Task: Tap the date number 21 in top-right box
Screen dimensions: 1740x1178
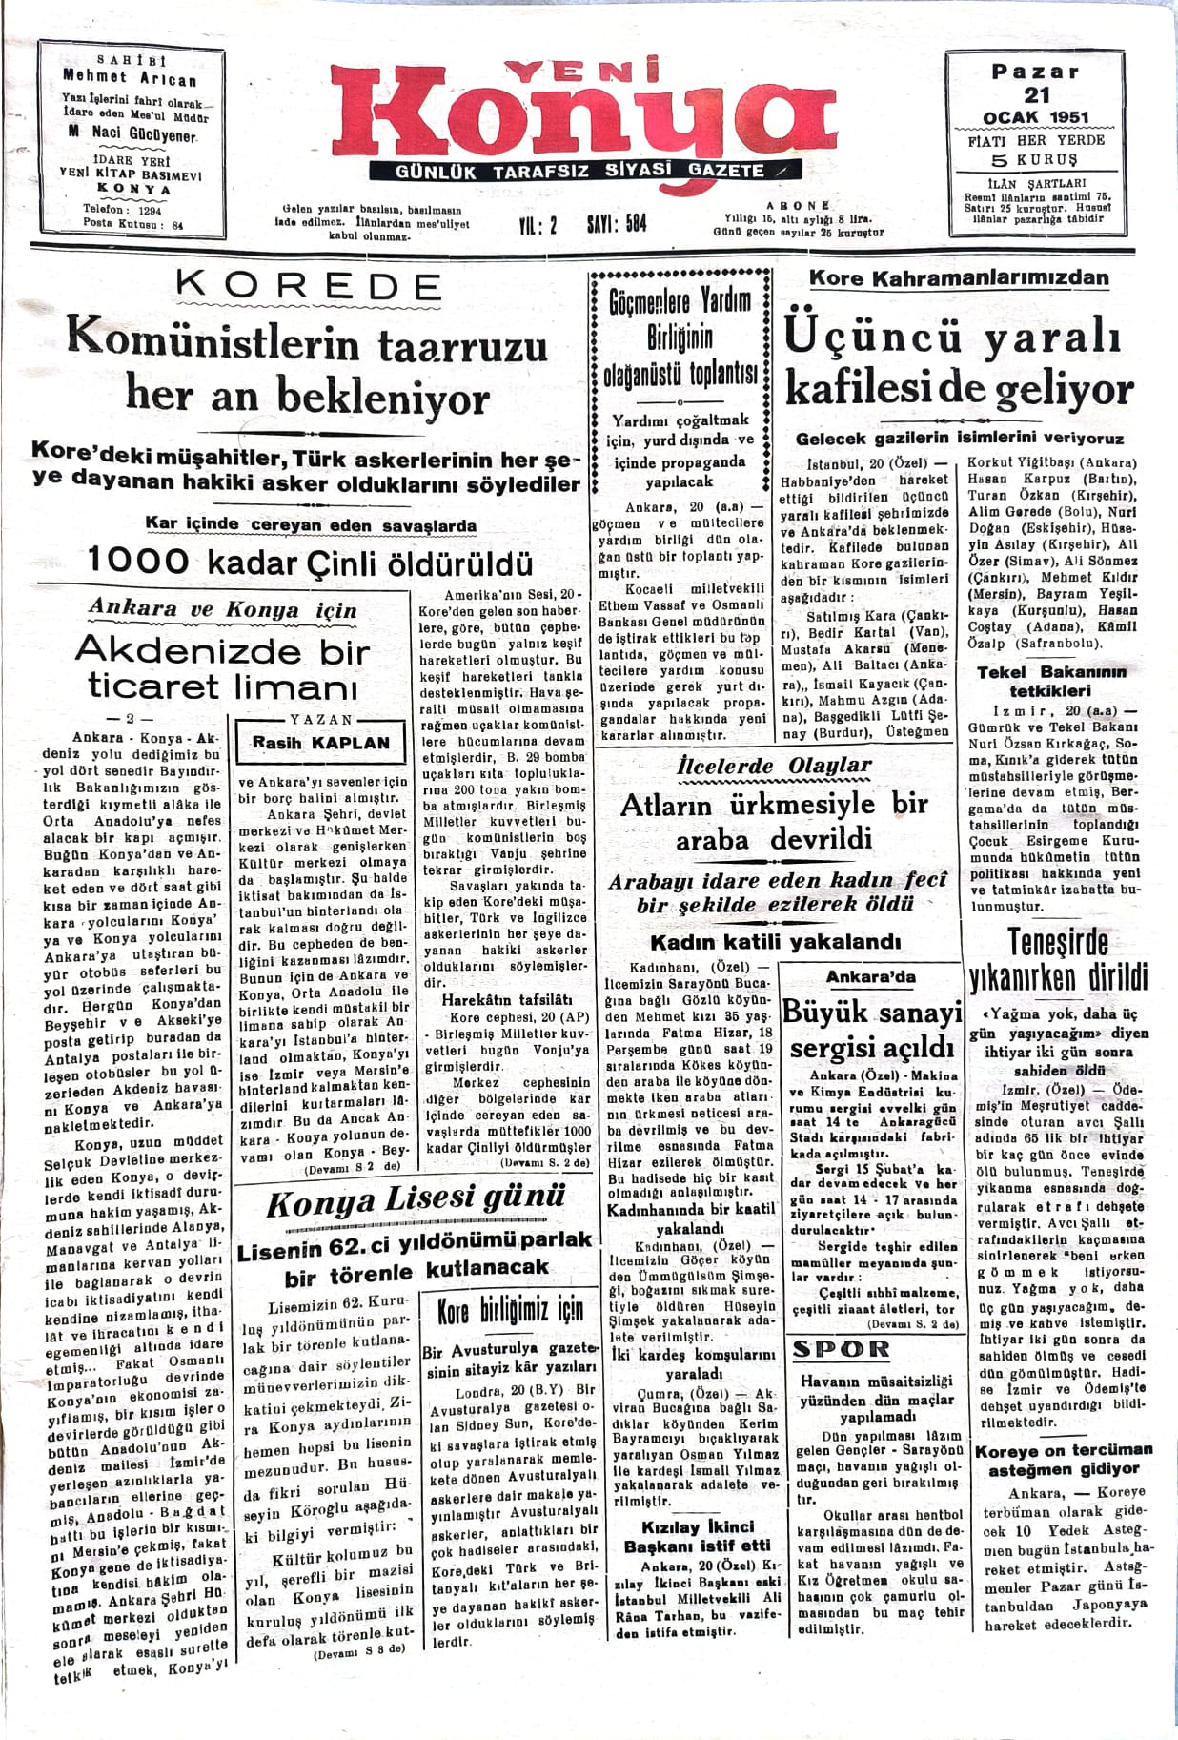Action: [x=1036, y=95]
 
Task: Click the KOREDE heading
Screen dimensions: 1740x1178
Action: [x=309, y=286]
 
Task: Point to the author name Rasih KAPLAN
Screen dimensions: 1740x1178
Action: [x=321, y=743]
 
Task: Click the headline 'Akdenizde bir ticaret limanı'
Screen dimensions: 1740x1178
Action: [x=222, y=667]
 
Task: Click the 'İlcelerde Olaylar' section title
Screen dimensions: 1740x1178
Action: [x=773, y=766]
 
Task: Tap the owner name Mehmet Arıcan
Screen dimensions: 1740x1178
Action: [x=130, y=77]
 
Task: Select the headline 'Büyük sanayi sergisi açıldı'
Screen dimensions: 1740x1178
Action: [x=872, y=1030]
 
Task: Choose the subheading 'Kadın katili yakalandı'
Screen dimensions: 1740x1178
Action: [x=774, y=942]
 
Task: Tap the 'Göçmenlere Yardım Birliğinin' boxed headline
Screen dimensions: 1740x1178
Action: [x=680, y=337]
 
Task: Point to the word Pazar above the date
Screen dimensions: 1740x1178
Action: [x=1036, y=72]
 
